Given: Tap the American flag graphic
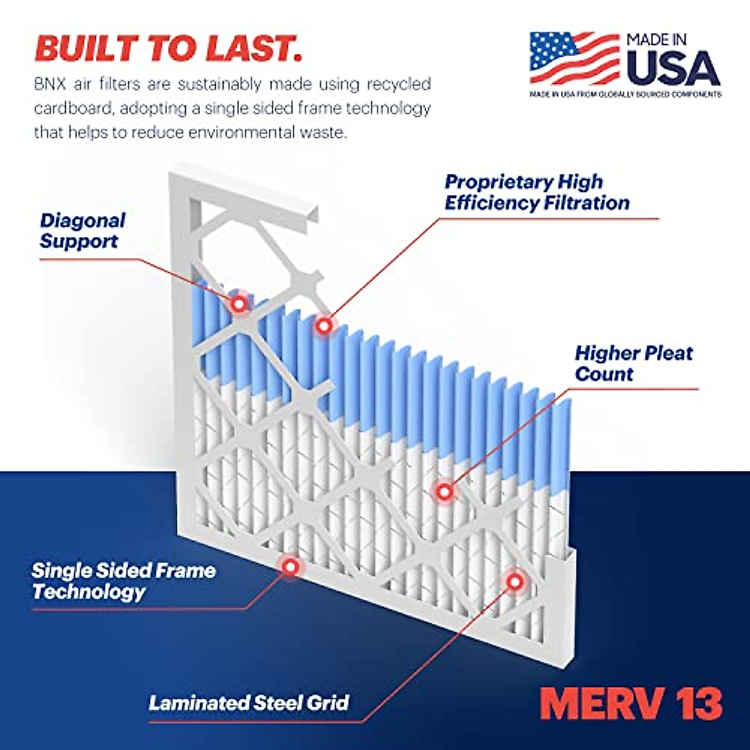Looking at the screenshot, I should tap(574, 58).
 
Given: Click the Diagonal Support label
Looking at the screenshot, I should tap(82, 231).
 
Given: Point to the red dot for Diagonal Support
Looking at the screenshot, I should tap(238, 304).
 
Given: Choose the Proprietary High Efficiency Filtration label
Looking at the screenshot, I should tap(536, 192).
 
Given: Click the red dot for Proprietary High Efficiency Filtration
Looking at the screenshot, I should tap(323, 325).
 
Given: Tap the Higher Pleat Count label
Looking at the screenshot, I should tap(633, 363).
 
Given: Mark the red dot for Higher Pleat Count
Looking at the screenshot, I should tap(444, 491).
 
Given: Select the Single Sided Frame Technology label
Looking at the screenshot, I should tap(123, 581).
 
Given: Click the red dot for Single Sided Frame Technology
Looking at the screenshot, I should tap(289, 566).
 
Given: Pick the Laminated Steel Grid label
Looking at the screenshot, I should tap(248, 702).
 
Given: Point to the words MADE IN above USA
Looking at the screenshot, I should tap(656, 40).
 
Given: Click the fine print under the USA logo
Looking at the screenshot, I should tap(625, 94).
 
